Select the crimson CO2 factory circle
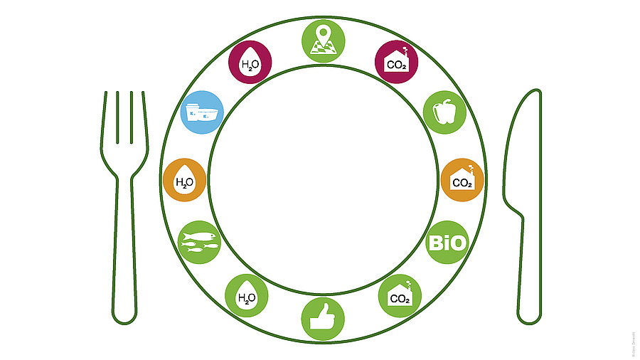point(396,62)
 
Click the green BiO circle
point(448,243)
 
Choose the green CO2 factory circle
point(400,295)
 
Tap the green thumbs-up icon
point(323,318)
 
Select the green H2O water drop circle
point(246,295)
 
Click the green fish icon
point(199,243)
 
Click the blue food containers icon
point(202,112)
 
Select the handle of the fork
point(124,263)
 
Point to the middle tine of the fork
point(124,121)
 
